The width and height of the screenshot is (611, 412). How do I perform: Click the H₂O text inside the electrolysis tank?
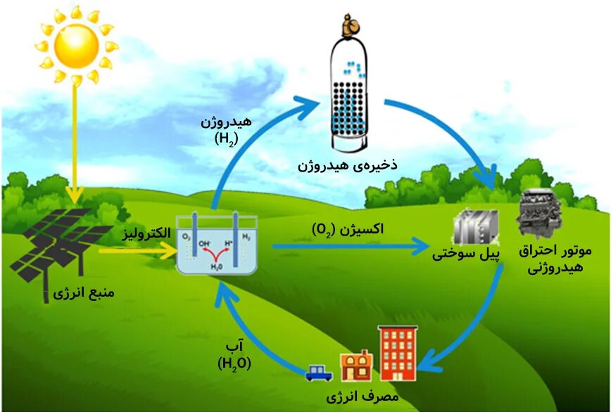217,266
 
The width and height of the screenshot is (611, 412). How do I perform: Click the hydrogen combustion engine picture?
539,214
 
